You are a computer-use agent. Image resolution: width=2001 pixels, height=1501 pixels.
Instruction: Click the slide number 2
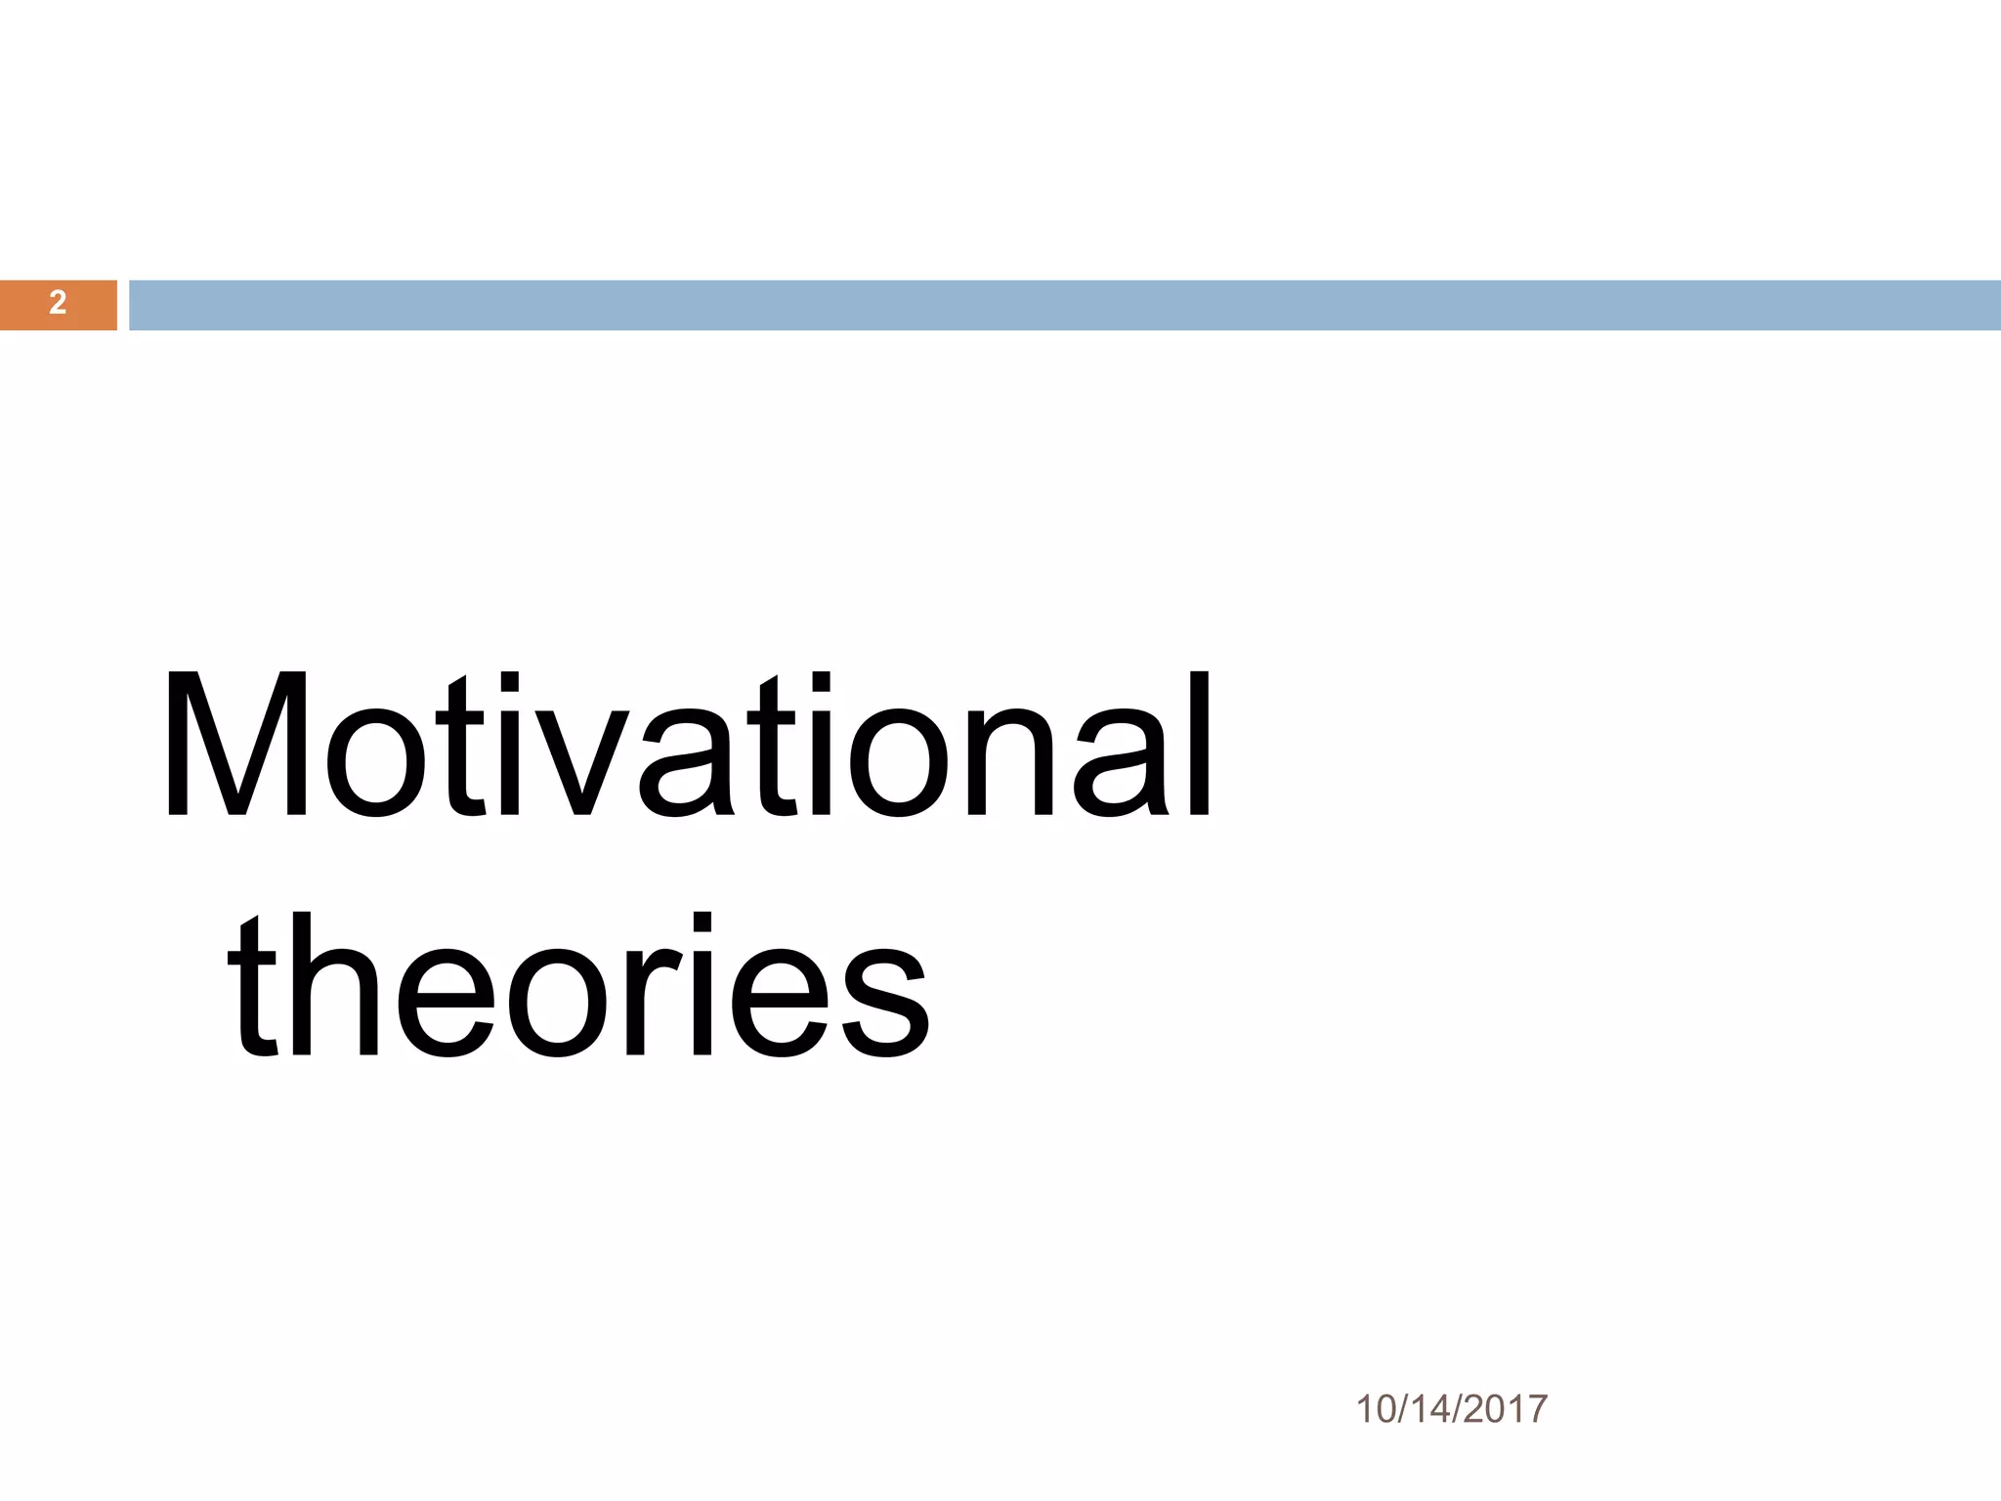pos(58,304)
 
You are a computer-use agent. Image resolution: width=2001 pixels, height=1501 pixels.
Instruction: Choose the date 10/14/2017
pos(1452,1410)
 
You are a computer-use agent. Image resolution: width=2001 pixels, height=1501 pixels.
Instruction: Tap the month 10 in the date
pos(1376,1410)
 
